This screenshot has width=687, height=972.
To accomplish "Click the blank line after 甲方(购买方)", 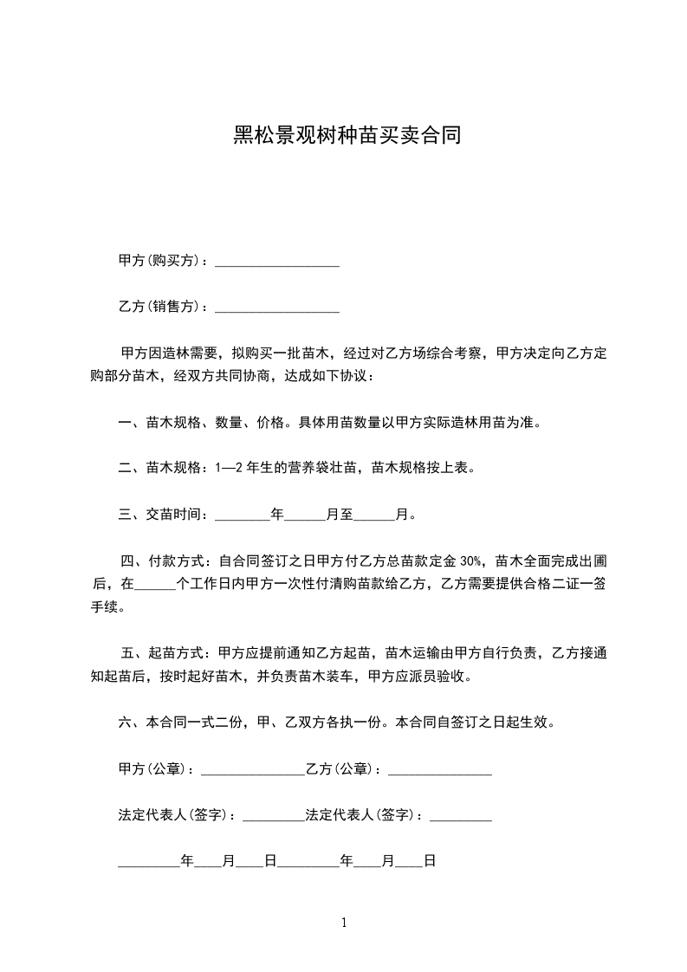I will pyautogui.click(x=276, y=262).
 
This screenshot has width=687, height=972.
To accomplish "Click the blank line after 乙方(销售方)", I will pyautogui.click(x=276, y=308).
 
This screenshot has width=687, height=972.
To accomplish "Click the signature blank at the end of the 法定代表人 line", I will pyautogui.click(x=461, y=817).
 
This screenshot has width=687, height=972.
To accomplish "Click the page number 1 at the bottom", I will pyautogui.click(x=344, y=923).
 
